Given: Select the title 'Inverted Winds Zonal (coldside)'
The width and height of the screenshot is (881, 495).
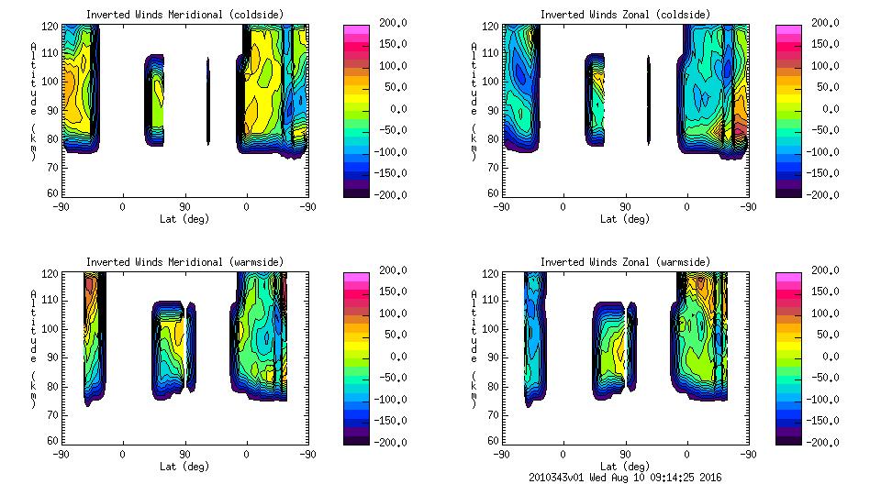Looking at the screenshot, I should (624, 15).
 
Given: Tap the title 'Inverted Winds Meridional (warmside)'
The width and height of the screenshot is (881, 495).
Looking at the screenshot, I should (185, 262).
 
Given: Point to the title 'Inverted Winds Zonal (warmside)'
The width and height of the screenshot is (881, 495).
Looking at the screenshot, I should (624, 262).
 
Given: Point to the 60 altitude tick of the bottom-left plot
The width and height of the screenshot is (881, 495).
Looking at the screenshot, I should (52, 442).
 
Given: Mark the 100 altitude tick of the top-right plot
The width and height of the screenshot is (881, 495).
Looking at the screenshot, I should (491, 81).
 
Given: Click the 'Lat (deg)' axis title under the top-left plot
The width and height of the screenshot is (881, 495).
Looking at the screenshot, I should (184, 219).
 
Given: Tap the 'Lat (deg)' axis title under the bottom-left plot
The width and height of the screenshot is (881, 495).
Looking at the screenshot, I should (184, 467).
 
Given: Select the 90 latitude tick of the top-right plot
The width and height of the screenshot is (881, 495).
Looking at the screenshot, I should (625, 207).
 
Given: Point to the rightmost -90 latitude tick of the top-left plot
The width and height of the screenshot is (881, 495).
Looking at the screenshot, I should (307, 207).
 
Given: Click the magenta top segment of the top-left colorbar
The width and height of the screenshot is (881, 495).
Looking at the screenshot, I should (357, 28).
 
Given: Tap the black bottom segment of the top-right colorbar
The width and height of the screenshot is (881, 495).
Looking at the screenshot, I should (788, 192).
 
